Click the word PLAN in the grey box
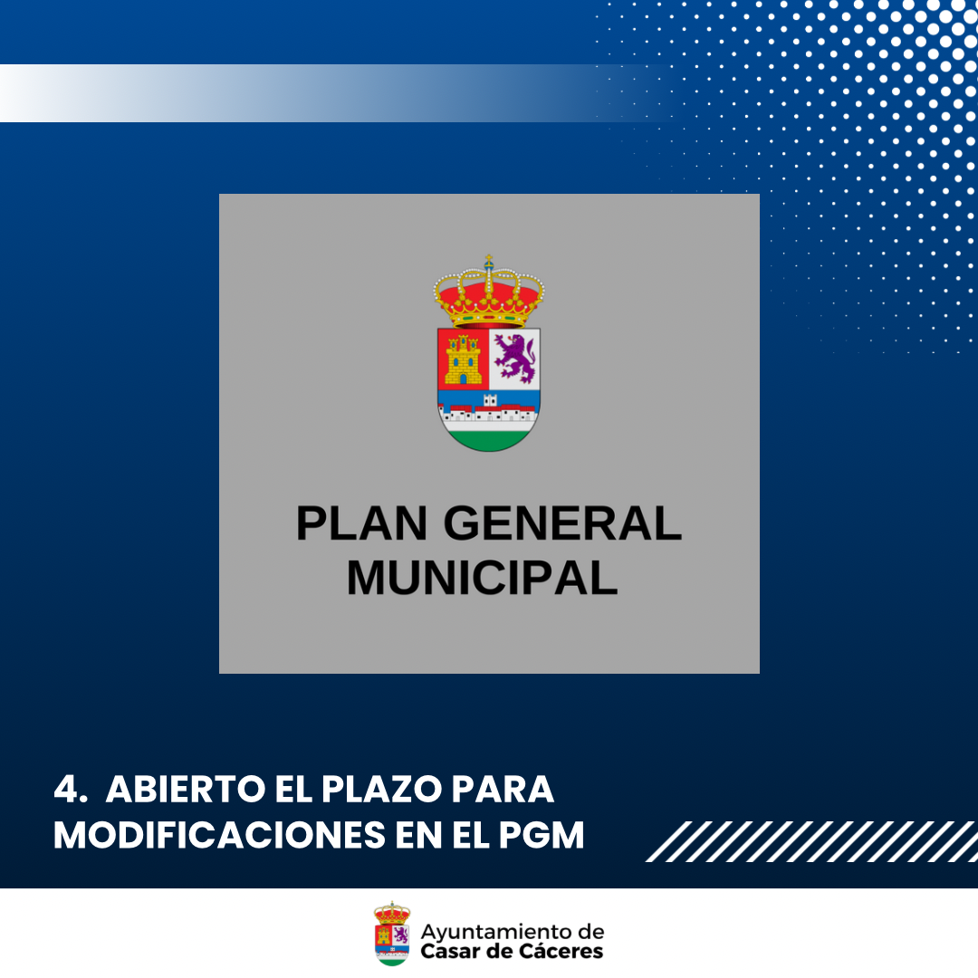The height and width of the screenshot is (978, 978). pyautogui.click(x=361, y=523)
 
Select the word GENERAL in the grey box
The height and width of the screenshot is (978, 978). pyautogui.click(x=562, y=523)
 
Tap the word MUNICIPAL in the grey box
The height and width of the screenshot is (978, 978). pyautogui.click(x=482, y=578)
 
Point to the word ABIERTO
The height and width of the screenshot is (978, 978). pyautogui.click(x=186, y=789)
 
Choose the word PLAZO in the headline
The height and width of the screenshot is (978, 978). pyautogui.click(x=382, y=789)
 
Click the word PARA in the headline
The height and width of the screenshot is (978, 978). pyautogui.click(x=503, y=789)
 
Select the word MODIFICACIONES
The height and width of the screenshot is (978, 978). pyautogui.click(x=219, y=835)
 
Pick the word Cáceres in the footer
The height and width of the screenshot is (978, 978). pyautogui.click(x=561, y=951)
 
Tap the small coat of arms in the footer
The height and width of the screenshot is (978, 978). pyautogui.click(x=392, y=933)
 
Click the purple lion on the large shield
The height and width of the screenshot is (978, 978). pyautogui.click(x=514, y=358)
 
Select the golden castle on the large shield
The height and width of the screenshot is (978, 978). pyautogui.click(x=464, y=360)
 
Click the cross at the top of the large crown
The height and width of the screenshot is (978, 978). pyautogui.click(x=489, y=260)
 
